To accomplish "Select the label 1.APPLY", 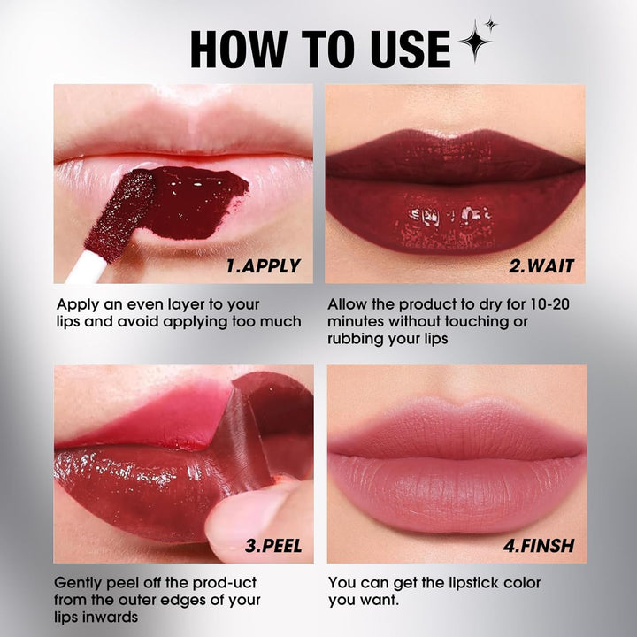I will [263, 265].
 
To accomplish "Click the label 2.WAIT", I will [541, 265].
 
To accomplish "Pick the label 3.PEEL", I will [272, 546].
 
